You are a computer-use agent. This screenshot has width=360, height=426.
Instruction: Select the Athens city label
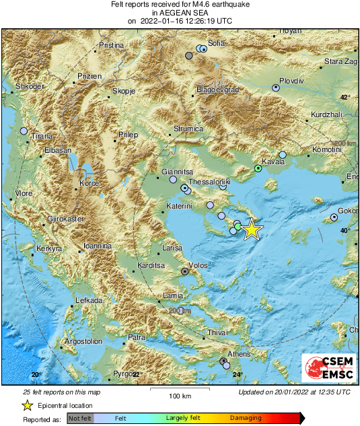pos(238,354)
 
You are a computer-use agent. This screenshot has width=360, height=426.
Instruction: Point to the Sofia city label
pos(216,43)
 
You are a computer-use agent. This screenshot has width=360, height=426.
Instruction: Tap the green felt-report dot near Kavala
pos(258,169)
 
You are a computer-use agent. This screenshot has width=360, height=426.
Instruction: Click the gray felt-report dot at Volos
pos(185,272)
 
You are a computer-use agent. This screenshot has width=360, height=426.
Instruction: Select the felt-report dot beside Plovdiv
pos(275,87)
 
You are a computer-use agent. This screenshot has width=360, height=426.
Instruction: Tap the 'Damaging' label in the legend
pos(246,418)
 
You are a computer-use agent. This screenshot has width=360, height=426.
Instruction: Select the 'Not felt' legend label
pos(81,418)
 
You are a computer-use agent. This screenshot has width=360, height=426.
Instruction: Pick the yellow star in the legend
pos(27,405)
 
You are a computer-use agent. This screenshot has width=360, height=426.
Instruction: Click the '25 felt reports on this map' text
pos(61,392)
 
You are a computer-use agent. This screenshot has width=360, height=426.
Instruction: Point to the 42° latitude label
pos(345,98)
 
